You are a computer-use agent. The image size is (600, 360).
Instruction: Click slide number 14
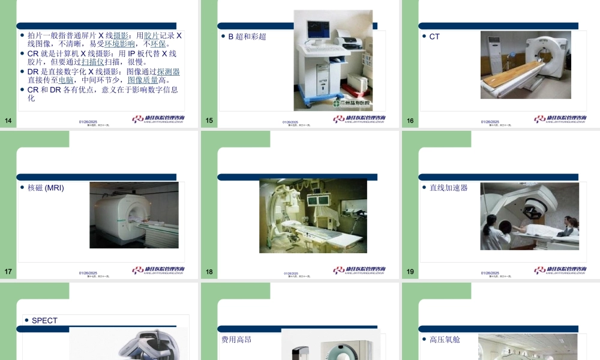8,121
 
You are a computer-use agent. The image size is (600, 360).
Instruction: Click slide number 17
8,272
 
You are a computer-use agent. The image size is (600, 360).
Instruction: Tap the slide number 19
410,272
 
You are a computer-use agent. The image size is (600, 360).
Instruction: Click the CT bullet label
434,37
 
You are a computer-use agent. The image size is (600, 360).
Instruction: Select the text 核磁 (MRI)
46,188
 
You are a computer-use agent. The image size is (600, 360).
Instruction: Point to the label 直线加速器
448,188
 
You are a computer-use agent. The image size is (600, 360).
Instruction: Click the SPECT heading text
44,320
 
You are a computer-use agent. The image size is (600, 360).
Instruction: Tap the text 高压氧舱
445,340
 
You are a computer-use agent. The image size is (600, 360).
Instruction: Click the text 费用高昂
236,340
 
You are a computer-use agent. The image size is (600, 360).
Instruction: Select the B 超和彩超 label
247,37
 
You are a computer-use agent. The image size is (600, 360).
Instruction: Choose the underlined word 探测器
169,71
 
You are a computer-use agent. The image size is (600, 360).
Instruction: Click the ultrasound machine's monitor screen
318,28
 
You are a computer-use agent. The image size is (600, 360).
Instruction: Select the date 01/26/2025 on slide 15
290,122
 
